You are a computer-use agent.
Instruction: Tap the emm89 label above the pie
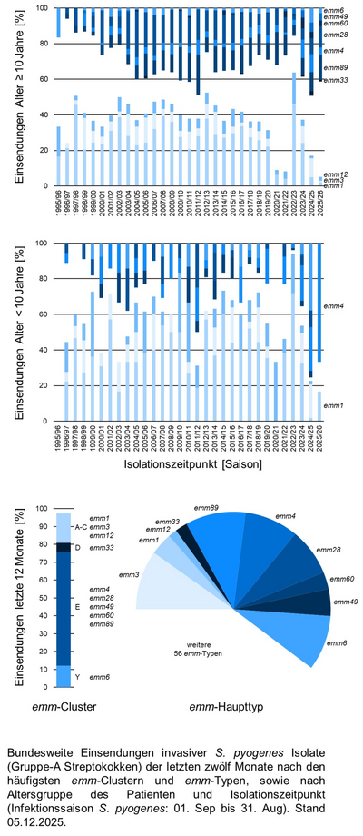[x=207, y=507]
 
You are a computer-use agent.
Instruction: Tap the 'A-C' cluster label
[x=80, y=526]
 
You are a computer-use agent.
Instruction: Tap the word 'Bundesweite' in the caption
[x=41, y=753]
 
